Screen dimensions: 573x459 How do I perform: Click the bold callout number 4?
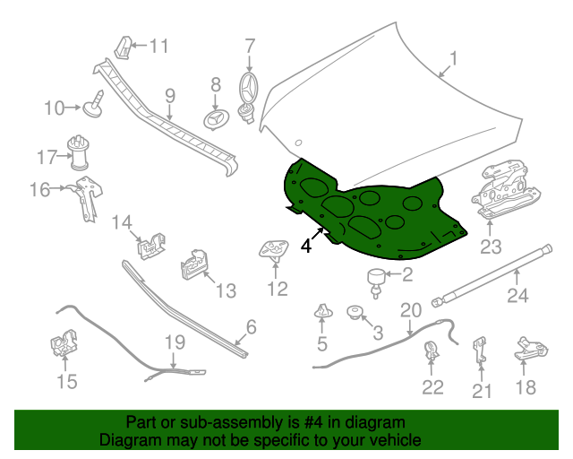tap(306, 246)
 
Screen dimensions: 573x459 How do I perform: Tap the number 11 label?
tap(159, 46)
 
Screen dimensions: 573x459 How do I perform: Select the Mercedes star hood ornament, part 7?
tap(249, 97)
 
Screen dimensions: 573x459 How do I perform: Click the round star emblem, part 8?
tap(216, 119)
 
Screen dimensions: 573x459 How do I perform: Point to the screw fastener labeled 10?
tap(93, 104)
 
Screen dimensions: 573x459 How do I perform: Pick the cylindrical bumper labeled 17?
tap(78, 153)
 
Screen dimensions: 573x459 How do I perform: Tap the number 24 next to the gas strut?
tap(517, 295)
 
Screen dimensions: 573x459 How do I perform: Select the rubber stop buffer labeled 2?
tap(376, 282)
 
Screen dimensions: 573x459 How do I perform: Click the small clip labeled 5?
tap(323, 311)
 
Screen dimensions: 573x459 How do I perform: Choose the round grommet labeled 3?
tap(355, 312)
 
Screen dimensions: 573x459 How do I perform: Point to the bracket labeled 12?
tap(274, 251)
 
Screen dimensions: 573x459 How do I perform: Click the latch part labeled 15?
tap(64, 343)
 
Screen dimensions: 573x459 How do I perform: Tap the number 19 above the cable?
tap(175, 342)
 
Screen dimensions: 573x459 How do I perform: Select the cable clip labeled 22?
tap(432, 351)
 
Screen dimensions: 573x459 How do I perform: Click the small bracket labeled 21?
tap(480, 350)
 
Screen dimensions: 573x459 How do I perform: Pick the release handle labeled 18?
tap(531, 349)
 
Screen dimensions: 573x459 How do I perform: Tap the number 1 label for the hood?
tap(453, 58)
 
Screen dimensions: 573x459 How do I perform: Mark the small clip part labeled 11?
tap(124, 48)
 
